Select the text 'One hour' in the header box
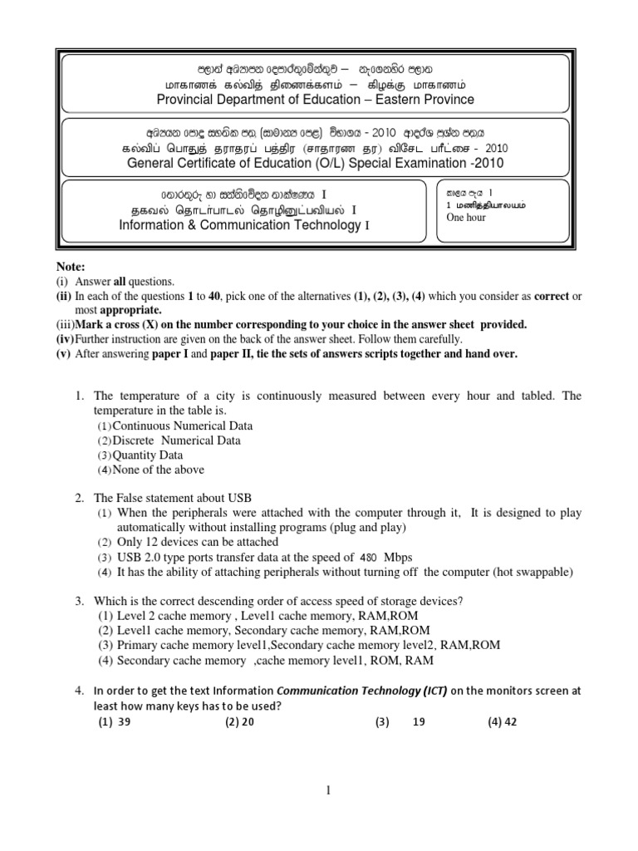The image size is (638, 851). pos(467,218)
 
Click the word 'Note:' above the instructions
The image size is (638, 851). pos(71,268)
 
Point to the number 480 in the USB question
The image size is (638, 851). pos(373,557)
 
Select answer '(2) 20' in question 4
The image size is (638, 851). pos(239,722)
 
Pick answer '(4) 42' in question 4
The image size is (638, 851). pos(503,722)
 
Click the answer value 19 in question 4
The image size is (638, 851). pos(419,722)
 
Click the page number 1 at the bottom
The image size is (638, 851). pos(329,791)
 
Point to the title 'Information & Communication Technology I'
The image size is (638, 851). pos(238,225)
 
